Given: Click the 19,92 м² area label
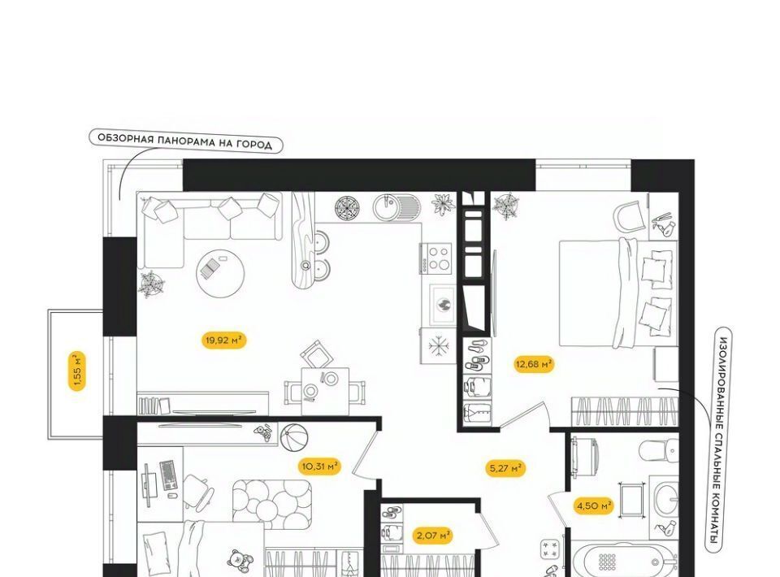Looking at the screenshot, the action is point(223,341).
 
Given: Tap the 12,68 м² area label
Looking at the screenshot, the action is point(534,364).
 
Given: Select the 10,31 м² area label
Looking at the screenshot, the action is point(320,466).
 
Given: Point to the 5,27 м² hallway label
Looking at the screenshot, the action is point(505,468).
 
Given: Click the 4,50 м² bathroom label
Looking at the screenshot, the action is point(594,506).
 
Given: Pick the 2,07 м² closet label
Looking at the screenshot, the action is point(433,536).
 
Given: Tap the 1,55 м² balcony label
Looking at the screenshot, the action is point(77,371).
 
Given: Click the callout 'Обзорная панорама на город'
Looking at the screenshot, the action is point(185,141).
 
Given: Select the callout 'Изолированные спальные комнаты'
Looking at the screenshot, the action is point(719,440).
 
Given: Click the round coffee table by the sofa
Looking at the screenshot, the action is point(220,274).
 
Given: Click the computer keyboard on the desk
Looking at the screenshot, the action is point(168,474).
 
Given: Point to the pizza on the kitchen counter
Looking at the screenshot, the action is point(350,207).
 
